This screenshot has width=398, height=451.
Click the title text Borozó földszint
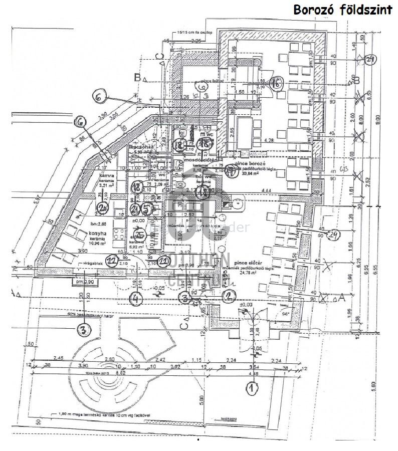[x=342, y=10]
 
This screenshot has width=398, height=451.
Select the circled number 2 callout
[x=229, y=296]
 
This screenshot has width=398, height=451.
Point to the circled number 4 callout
[x=136, y=299]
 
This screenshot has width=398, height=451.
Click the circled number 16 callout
[x=276, y=84]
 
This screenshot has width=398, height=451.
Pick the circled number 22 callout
[x=113, y=260]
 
